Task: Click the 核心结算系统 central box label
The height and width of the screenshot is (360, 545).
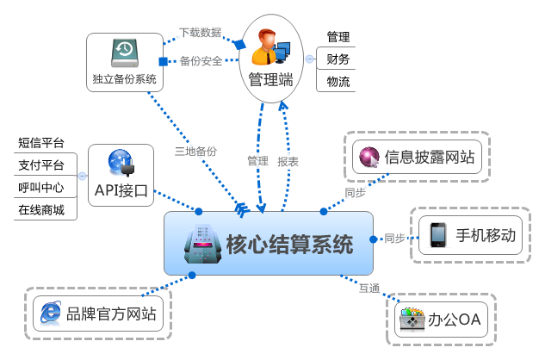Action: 289,245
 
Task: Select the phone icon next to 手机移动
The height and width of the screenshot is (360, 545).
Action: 438,234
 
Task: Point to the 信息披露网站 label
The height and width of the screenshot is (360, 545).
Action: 430,158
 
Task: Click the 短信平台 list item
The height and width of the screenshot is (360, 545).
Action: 41,142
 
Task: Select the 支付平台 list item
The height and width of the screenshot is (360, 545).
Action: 41,164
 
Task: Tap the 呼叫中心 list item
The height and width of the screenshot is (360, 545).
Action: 41,187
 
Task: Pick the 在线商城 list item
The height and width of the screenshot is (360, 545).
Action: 41,209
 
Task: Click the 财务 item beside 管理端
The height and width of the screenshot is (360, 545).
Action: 338,59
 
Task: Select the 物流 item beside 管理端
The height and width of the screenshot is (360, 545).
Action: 338,82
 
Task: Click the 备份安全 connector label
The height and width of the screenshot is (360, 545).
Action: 201,61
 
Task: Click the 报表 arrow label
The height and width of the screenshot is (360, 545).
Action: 288,161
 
